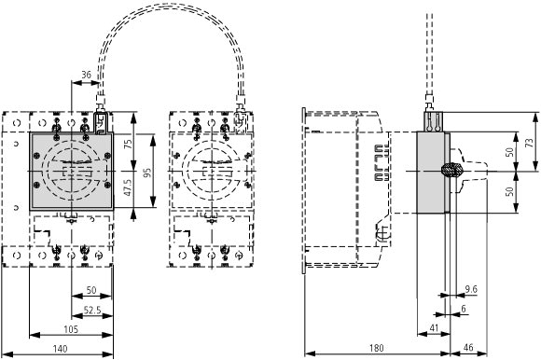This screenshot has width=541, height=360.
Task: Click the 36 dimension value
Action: (86, 75)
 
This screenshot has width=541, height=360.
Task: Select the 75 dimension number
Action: (128, 145)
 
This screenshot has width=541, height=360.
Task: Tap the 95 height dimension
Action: (147, 173)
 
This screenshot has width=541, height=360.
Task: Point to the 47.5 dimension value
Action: (128, 187)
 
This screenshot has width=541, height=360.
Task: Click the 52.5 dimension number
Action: (92, 311)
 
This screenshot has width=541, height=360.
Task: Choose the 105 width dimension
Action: (71, 329)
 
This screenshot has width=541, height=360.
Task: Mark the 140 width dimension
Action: (60, 349)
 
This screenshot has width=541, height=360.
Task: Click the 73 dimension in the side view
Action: (529, 143)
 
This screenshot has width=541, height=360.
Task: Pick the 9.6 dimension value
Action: (471, 289)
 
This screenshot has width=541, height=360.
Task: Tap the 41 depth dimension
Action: (434, 328)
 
